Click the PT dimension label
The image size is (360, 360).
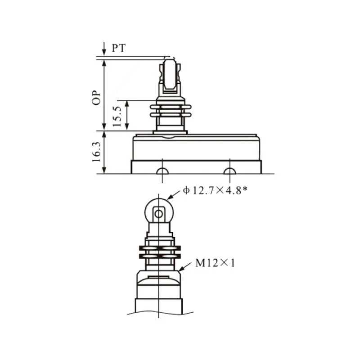pos(119,48)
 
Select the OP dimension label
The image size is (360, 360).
pos(96,98)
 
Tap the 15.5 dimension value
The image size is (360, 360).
pos(117,117)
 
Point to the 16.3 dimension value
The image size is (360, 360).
pos(96,152)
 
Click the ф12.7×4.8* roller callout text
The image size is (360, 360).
pos(215,190)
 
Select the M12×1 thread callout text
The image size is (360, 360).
pos(215,263)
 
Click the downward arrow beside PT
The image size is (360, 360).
pos(104,49)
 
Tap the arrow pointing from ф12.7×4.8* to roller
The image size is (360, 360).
pos(174,195)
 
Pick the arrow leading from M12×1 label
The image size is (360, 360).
pos(185,266)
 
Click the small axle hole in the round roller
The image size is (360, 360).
pos(159,214)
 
